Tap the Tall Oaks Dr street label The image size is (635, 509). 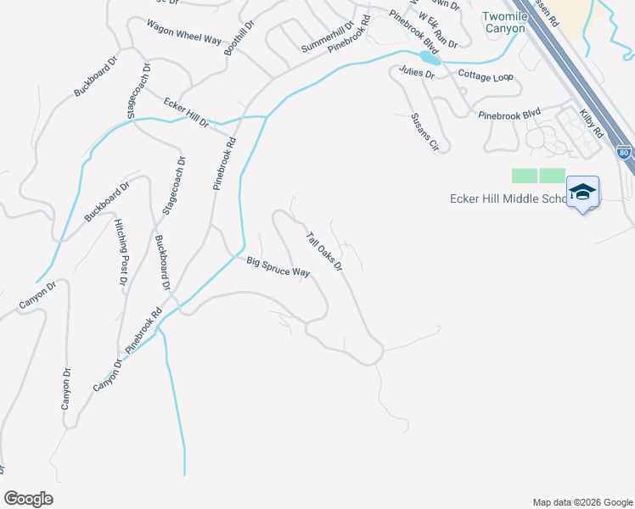pos(323,252)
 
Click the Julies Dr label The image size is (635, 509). pos(419,75)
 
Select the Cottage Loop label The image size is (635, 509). pos(486,76)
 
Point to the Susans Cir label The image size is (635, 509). pos(423,131)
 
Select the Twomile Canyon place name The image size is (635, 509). pos(503,22)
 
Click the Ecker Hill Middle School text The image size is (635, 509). pos(507,199)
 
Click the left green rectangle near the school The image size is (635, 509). pos(525,176)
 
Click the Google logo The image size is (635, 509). pos(28,499)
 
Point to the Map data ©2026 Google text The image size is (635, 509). pos(582,502)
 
